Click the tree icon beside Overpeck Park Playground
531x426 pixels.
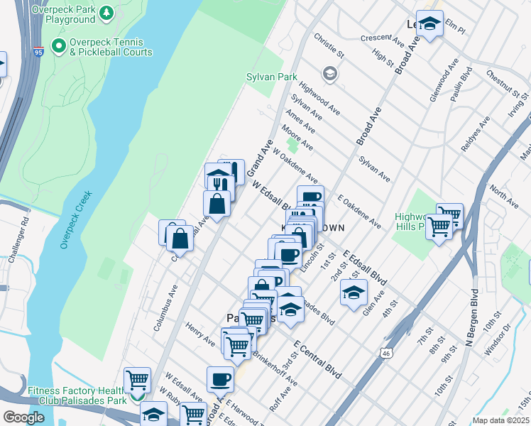pyautogui.click(x=106, y=13)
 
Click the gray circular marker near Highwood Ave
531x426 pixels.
pyautogui.click(x=329, y=72)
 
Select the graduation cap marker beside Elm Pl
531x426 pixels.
pyautogui.click(x=429, y=24)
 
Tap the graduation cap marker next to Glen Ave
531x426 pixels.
pyautogui.click(x=354, y=292)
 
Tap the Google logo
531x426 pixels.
pyautogui.click(x=23, y=417)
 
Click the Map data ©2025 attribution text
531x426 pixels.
pyautogui.click(x=500, y=420)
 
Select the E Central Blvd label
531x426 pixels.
pyautogui.click(x=317, y=359)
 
